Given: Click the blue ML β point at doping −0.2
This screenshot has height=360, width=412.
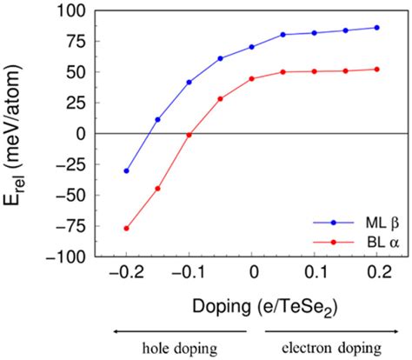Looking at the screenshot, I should pyautogui.click(x=126, y=171).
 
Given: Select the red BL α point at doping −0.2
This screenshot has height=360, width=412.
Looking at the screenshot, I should pyautogui.click(x=126, y=229).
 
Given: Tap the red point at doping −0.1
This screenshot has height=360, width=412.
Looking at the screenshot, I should pyautogui.click(x=189, y=135).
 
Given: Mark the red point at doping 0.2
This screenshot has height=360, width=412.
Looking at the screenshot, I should pyautogui.click(x=377, y=70).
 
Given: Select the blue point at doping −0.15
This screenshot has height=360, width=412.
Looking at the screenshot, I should pyautogui.click(x=157, y=119).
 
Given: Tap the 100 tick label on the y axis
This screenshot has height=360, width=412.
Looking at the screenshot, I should pyautogui.click(x=72, y=11).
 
